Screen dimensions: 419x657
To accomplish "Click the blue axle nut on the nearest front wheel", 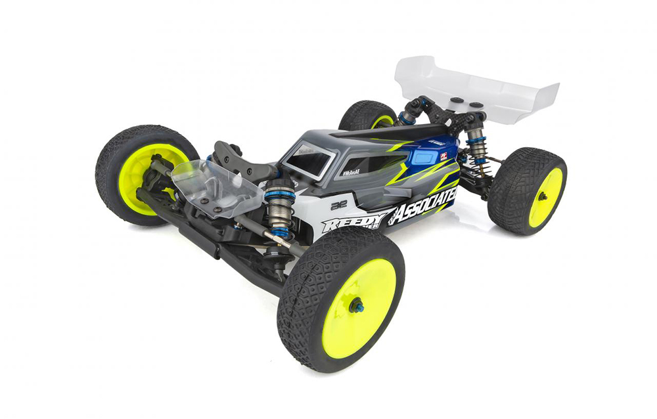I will click(356, 305).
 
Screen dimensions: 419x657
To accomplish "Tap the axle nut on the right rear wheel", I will click(542, 196).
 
